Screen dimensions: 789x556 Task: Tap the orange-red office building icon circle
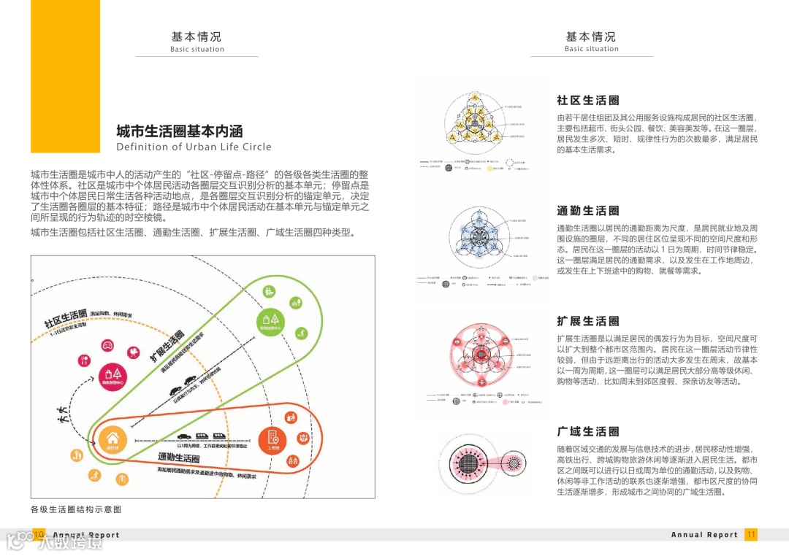(x=272, y=440)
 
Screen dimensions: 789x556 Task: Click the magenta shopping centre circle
(x=112, y=374)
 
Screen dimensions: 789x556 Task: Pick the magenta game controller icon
(x=107, y=344)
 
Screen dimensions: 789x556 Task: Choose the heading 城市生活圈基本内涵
(x=179, y=131)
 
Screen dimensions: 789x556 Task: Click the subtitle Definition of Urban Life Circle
(x=194, y=147)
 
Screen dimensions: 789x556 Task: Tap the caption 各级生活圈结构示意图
(x=75, y=509)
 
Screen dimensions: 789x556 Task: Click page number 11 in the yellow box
(x=751, y=535)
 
